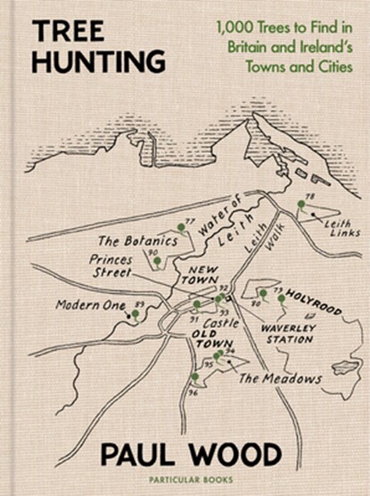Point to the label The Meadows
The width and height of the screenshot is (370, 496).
point(280,378)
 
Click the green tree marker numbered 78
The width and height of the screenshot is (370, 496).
point(300,205)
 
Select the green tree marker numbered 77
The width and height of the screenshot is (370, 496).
point(181,228)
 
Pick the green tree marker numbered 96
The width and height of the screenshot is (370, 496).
point(195,378)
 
